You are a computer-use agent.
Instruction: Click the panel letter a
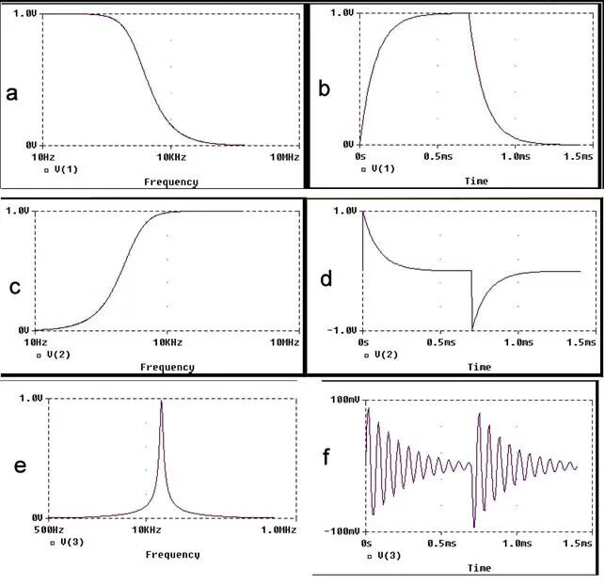click(11, 92)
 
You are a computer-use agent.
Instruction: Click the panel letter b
click(324, 90)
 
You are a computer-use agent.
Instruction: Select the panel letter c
click(14, 287)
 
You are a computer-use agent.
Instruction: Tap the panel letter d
click(326, 280)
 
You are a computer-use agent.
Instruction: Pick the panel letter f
click(326, 458)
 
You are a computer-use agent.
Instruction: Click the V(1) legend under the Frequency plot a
click(62, 170)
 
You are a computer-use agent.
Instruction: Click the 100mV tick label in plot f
click(340, 402)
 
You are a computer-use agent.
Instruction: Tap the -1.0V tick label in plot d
click(342, 331)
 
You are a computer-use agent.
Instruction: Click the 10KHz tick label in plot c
click(167, 343)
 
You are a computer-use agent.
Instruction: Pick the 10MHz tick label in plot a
click(284, 157)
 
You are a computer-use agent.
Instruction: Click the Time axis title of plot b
click(477, 181)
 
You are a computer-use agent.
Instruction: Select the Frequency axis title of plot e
click(172, 555)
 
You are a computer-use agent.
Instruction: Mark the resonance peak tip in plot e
click(161, 402)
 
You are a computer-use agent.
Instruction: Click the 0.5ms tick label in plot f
click(440, 544)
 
